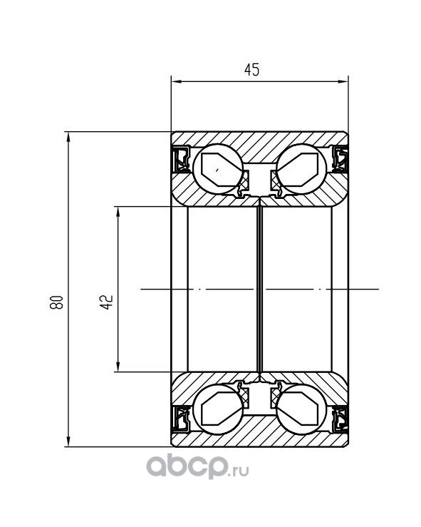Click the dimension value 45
[x=251, y=70]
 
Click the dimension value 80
[x=56, y=302]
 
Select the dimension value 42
[x=107, y=302]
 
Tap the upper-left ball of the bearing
[x=218, y=169]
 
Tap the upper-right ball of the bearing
[x=301, y=169]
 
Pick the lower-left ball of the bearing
[x=218, y=409]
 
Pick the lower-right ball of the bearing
[x=301, y=409]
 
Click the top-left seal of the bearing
[x=181, y=159]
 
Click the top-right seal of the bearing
[x=339, y=159]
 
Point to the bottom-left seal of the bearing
[x=181, y=419]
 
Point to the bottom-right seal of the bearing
[x=339, y=419]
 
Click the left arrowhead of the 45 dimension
[x=176, y=81]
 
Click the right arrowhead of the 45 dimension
[x=343, y=81]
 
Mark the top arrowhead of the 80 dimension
[x=68, y=137]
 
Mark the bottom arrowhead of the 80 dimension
[x=68, y=441]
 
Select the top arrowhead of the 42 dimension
[x=118, y=212]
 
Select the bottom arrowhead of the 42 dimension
[x=118, y=367]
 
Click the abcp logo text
[x=186, y=466]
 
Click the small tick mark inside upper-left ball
[x=218, y=170]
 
